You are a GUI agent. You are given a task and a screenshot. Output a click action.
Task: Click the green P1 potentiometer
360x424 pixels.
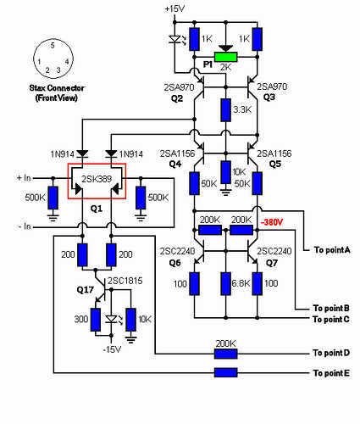225,57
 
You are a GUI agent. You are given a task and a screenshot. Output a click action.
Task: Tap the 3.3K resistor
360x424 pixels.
225,110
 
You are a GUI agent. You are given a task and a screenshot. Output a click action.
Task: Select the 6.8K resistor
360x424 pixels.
225,284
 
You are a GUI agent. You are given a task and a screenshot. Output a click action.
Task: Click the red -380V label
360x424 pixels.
271,222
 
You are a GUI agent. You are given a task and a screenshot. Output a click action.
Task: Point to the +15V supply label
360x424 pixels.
174,8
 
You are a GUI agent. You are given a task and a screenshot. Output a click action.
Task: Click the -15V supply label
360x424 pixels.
112,349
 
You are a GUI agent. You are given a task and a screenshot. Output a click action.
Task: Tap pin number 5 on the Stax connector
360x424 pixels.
53,45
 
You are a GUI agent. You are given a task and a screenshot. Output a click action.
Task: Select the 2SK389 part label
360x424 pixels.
97,179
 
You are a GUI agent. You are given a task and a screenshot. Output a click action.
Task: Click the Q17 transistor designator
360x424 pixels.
85,290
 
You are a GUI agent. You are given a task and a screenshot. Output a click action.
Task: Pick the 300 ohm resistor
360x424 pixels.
96,320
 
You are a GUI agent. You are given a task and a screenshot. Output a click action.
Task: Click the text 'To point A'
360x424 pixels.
332,250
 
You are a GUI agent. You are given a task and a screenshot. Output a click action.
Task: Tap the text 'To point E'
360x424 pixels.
331,373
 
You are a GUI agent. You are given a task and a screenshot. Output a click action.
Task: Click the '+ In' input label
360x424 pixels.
24,178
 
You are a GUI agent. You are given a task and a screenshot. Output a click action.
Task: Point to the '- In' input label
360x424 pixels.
24,226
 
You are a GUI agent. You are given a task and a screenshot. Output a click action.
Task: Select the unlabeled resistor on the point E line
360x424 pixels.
225,372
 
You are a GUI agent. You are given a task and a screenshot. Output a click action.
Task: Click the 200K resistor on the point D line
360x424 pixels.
225,354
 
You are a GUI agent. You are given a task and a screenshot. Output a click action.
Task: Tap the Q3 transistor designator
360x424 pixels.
269,98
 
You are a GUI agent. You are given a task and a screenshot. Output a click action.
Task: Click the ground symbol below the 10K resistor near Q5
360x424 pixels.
225,192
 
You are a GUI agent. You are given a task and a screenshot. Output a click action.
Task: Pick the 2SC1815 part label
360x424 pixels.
125,281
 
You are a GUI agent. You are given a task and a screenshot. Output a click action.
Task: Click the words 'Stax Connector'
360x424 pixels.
57,88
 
